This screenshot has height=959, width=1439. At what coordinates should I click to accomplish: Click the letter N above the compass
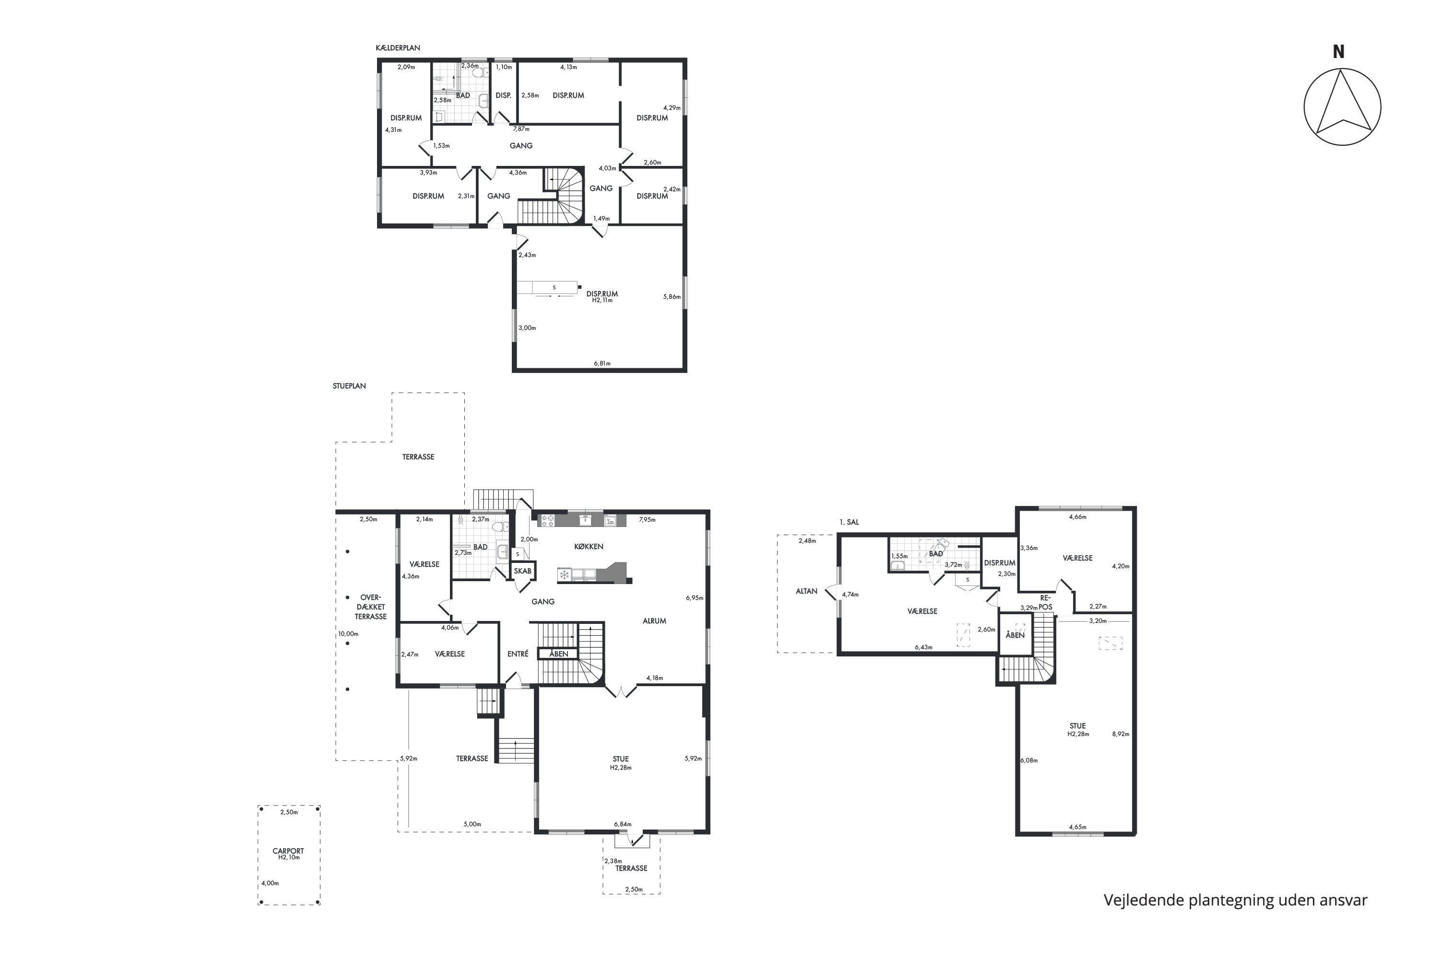pyautogui.click(x=1338, y=52)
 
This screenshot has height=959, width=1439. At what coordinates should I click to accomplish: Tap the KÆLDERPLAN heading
pyautogui.click(x=398, y=47)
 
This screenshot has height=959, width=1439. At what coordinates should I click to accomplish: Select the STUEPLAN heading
pyautogui.click(x=349, y=386)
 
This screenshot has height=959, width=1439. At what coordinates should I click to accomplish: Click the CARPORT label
pyautogui.click(x=288, y=851)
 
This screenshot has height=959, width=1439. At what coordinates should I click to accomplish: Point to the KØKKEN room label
pyautogui.click(x=589, y=546)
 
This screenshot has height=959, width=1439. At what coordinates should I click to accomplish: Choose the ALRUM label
pyautogui.click(x=654, y=621)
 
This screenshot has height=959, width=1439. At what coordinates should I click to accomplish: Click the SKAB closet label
pyautogui.click(x=522, y=571)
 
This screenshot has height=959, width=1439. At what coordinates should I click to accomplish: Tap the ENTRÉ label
pyautogui.click(x=518, y=654)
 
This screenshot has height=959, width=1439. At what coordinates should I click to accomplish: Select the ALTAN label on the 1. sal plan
pyautogui.click(x=806, y=591)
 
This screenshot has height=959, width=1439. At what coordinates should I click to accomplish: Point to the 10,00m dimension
pyautogui.click(x=348, y=633)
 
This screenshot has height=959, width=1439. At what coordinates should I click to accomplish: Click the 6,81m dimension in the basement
pyautogui.click(x=602, y=363)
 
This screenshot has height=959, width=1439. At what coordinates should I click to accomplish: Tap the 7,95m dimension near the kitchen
pyautogui.click(x=647, y=519)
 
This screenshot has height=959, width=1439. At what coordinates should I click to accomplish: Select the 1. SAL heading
pyautogui.click(x=849, y=522)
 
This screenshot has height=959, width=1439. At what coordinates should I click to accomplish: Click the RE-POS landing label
pyautogui.click(x=1046, y=602)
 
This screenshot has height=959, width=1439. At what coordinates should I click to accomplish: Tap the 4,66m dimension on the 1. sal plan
pyautogui.click(x=1077, y=517)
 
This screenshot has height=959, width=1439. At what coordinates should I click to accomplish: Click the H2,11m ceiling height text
pyautogui.click(x=602, y=300)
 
